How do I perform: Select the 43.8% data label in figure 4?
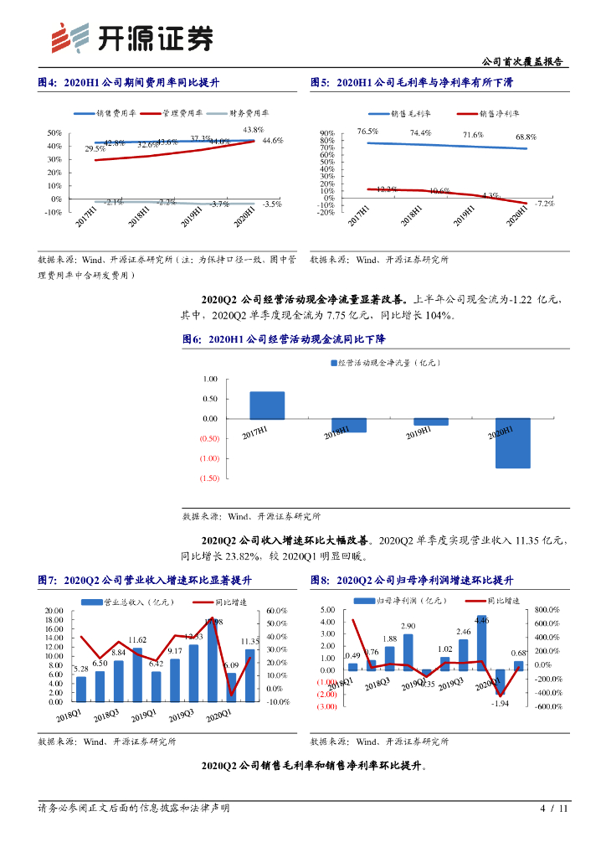[254, 130]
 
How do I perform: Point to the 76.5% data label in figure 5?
[367, 132]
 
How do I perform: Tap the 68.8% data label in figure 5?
[526, 137]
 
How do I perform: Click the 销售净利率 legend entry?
[489, 112]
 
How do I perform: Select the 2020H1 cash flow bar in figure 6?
[512, 442]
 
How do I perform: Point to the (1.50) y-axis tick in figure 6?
[208, 478]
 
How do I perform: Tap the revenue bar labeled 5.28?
[81, 689]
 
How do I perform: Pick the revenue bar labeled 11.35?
[250, 675]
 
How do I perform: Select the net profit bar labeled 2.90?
[408, 652]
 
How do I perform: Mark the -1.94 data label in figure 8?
[501, 703]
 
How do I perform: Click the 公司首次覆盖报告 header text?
[524, 62]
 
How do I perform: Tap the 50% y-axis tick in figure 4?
[54, 133]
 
